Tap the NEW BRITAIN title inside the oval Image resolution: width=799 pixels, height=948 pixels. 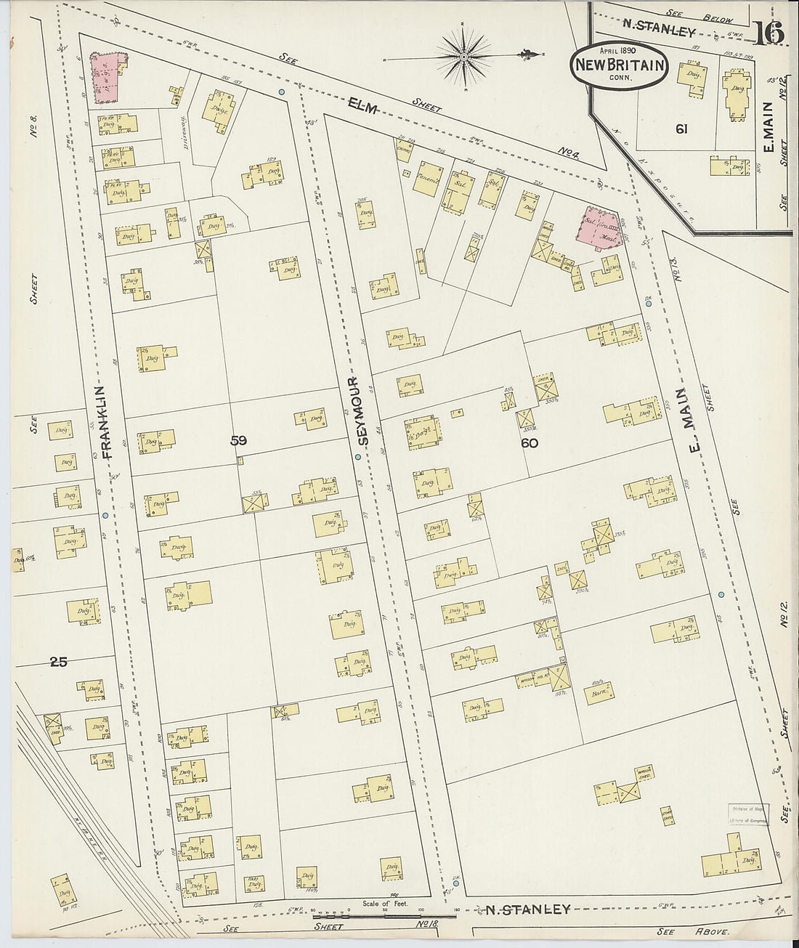[620, 65]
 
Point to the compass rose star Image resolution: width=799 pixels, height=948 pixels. [463, 55]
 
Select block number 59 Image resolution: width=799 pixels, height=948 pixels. [238, 439]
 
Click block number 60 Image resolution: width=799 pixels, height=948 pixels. [530, 442]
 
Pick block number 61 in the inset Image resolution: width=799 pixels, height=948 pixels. [681, 129]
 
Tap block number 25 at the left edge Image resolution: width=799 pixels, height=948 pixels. [59, 662]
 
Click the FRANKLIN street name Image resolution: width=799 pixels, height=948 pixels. [108, 421]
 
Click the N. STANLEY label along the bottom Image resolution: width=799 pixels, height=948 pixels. [527, 909]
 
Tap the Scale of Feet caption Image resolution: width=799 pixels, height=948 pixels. [385, 904]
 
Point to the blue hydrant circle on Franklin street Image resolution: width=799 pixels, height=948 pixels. [105, 515]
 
